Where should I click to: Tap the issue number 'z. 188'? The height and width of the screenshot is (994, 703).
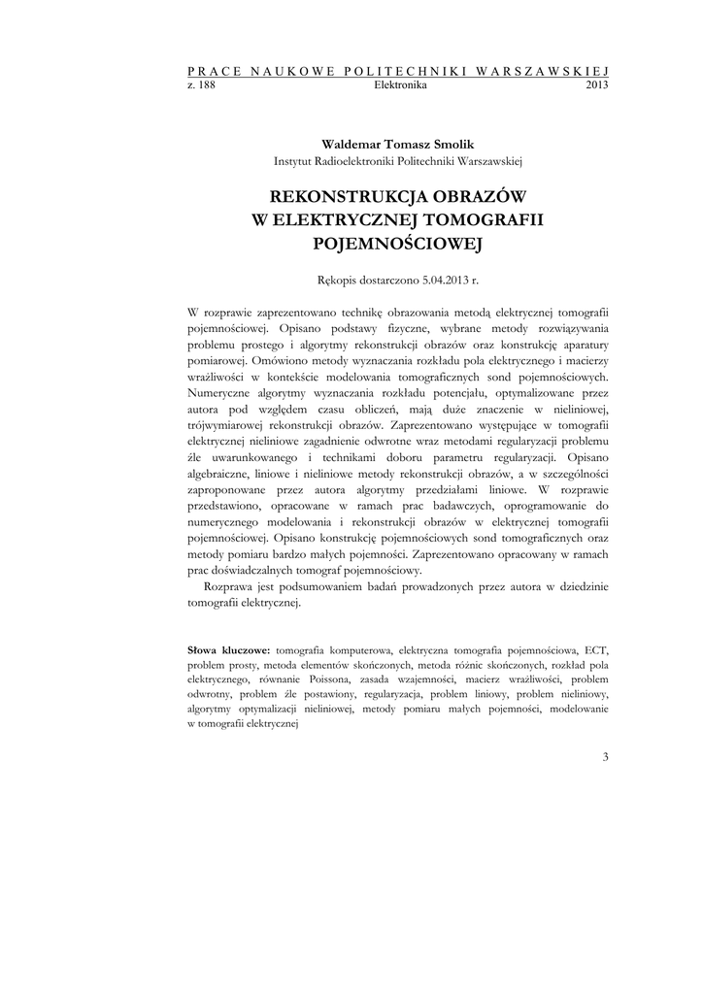coord(200,85)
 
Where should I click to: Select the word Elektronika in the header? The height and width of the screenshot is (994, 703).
coord(400,85)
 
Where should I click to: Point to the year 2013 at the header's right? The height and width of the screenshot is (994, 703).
coord(597,85)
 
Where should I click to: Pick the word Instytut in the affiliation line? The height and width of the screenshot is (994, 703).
coord(294,159)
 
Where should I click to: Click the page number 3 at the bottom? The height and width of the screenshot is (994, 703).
coord(604,756)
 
